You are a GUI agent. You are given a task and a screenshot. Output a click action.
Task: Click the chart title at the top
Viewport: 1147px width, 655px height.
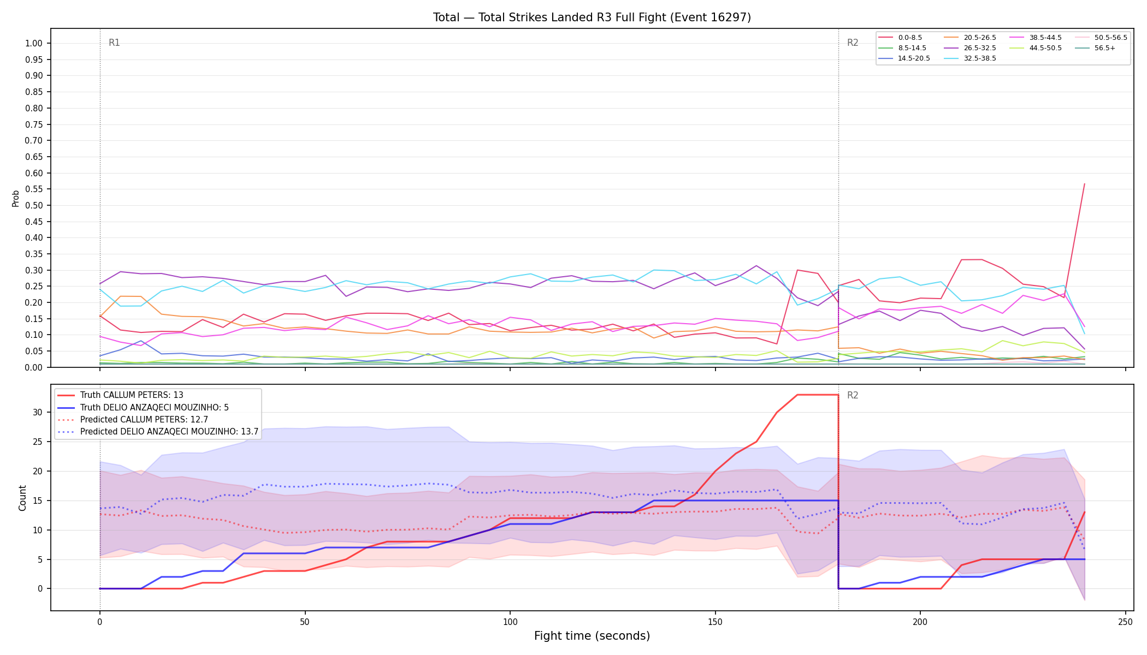[592, 17]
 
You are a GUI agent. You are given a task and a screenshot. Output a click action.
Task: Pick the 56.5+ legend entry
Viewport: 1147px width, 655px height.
[1098, 48]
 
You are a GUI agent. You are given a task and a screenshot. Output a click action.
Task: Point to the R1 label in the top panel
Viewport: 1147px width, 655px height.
[114, 43]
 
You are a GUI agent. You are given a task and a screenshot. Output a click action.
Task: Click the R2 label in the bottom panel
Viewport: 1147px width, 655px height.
[853, 395]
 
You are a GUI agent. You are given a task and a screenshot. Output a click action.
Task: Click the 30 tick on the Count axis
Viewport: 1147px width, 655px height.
[38, 412]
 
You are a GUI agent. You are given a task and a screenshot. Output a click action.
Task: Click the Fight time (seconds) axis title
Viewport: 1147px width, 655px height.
[592, 636]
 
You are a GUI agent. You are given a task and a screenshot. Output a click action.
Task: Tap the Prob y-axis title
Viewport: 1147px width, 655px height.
[15, 198]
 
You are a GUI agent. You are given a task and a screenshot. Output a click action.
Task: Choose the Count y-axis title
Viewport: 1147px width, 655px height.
[22, 498]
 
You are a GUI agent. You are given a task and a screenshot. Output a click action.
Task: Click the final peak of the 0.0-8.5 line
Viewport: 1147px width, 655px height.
[1084, 184]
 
